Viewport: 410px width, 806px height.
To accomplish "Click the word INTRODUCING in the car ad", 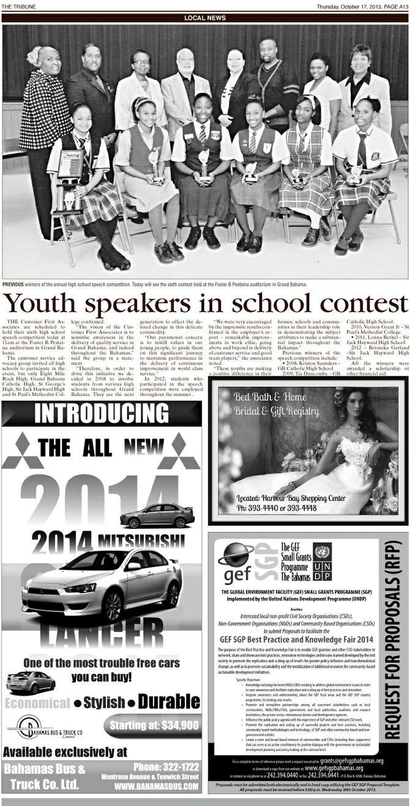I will pos(101,414).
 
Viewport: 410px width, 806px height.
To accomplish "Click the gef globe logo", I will pos(237,557).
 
